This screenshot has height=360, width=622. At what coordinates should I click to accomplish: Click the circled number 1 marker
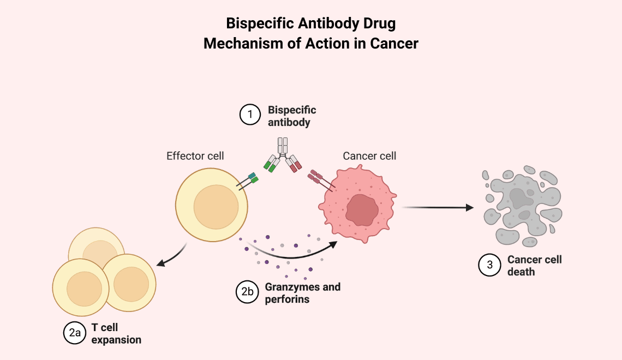coord(250,115)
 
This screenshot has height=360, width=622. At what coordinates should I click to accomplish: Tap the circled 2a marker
coord(74,334)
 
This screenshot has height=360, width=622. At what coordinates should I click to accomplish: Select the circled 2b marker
coord(247,292)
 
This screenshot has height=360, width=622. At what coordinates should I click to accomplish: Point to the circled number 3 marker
coord(489,265)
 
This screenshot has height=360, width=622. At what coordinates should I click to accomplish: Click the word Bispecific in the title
coord(256,25)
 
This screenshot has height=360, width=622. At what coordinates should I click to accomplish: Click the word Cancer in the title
coord(394,44)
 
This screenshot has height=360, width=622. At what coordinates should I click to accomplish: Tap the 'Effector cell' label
coord(195,156)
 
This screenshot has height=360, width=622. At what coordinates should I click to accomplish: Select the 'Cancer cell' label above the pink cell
coord(369,156)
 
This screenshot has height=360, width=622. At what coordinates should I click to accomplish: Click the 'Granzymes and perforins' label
coord(302,293)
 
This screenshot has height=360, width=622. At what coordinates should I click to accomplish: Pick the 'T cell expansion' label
coord(116,334)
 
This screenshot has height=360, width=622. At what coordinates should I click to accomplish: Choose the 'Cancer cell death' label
coord(534,266)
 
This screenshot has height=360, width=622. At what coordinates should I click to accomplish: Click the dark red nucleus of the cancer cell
coord(361,209)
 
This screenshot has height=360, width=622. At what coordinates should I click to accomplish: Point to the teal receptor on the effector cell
coord(252,177)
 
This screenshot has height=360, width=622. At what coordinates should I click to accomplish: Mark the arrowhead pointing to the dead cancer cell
coord(468,207)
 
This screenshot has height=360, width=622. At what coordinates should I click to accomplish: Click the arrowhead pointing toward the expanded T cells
coord(162,264)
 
